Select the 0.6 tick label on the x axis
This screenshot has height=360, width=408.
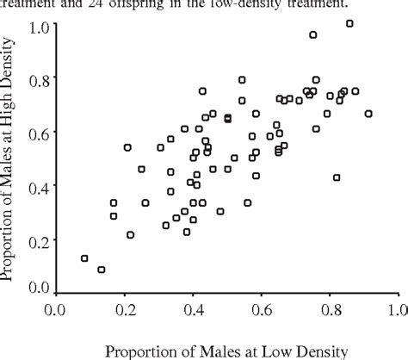click(x=261, y=307)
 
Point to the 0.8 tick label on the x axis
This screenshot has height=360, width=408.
click(x=329, y=307)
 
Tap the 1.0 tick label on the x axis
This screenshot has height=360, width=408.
click(x=397, y=307)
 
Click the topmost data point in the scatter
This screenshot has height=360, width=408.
click(x=349, y=23)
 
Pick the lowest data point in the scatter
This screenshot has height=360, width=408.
click(x=102, y=270)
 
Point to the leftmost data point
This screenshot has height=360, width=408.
click(x=84, y=258)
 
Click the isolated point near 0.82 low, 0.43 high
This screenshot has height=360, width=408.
click(x=337, y=177)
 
